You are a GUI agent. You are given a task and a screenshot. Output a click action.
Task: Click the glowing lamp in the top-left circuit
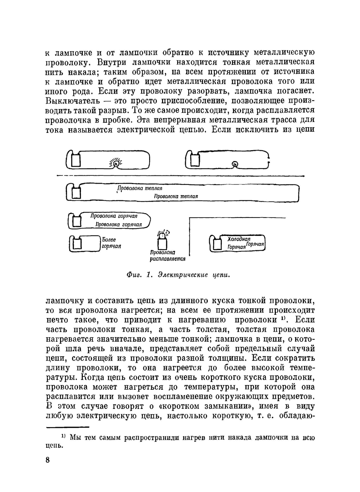click(116, 163)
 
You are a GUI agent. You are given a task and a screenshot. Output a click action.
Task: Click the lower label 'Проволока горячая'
click(118, 224)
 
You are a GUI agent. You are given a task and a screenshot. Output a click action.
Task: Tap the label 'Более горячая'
click(111, 243)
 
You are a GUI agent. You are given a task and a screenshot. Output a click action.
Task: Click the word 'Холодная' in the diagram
click(239, 239)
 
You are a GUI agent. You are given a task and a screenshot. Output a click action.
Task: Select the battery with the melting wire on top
click(163, 243)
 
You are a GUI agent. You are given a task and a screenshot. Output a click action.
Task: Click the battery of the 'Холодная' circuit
click(217, 244)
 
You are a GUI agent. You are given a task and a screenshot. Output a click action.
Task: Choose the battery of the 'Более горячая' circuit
click(76, 244)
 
